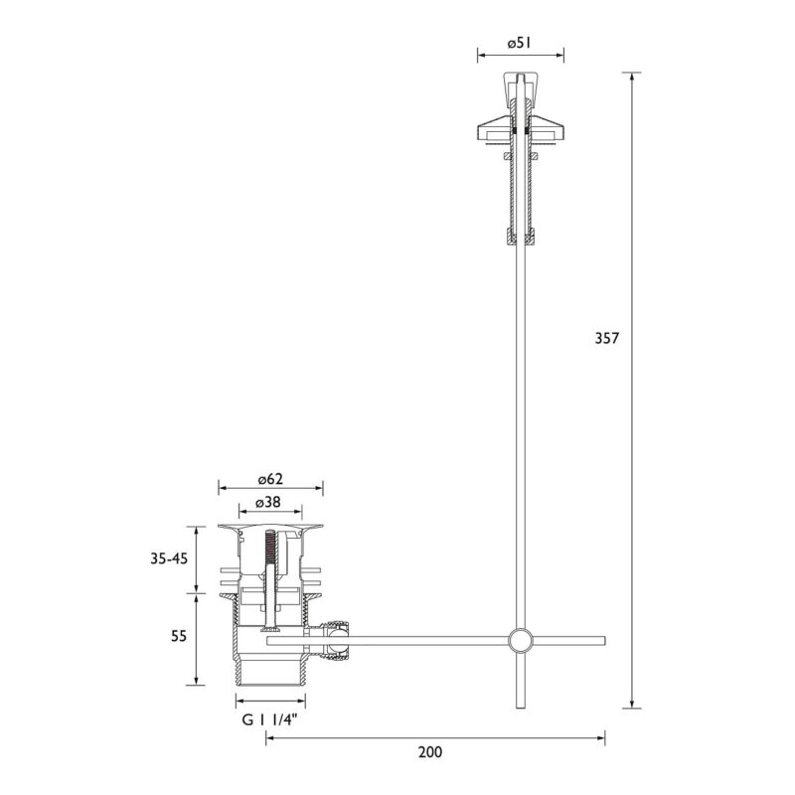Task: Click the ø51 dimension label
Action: pos(519,43)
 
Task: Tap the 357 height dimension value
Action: pos(607,338)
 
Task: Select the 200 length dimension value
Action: pos(430,752)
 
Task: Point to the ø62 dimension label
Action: pos(270,479)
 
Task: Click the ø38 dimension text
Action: pos(268,502)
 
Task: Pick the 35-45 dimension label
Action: pos(169,558)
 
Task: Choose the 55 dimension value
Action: pos(179,636)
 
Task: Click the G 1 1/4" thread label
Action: pos(269,719)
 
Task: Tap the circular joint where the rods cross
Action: pos(520,640)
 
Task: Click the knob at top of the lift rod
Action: pos(520,89)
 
